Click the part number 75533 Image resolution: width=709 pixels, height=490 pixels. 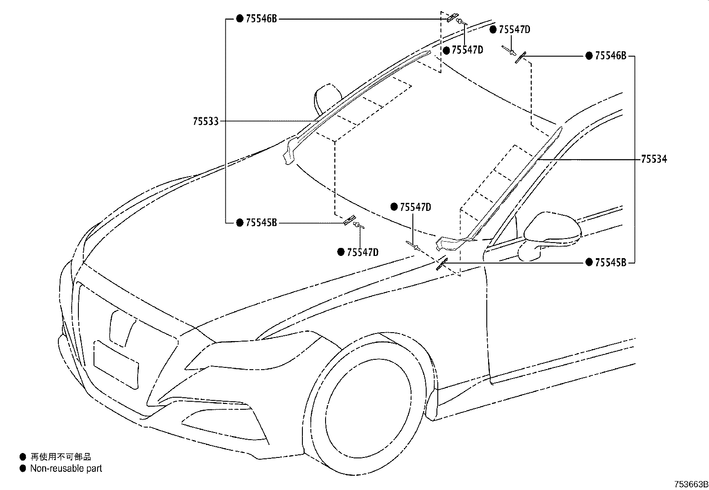tap(206, 121)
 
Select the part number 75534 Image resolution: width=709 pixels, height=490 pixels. tap(654, 159)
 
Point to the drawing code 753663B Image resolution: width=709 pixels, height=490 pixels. tap(691, 484)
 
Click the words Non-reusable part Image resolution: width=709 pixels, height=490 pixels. tap(66, 469)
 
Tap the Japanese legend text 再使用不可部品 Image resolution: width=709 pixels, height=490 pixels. tap(61, 457)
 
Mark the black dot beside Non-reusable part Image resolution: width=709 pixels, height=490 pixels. tap(23, 469)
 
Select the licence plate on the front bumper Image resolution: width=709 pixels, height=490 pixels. tap(116, 365)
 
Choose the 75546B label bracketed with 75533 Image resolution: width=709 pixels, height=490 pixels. tap(261, 19)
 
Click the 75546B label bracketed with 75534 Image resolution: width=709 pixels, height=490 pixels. tap(611, 56)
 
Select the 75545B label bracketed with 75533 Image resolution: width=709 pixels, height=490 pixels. tap(261, 223)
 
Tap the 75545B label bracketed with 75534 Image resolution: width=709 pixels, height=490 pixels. tap(611, 263)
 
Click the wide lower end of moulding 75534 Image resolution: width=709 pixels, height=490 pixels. tap(449, 244)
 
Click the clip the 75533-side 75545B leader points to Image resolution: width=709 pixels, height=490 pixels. tap(350, 220)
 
